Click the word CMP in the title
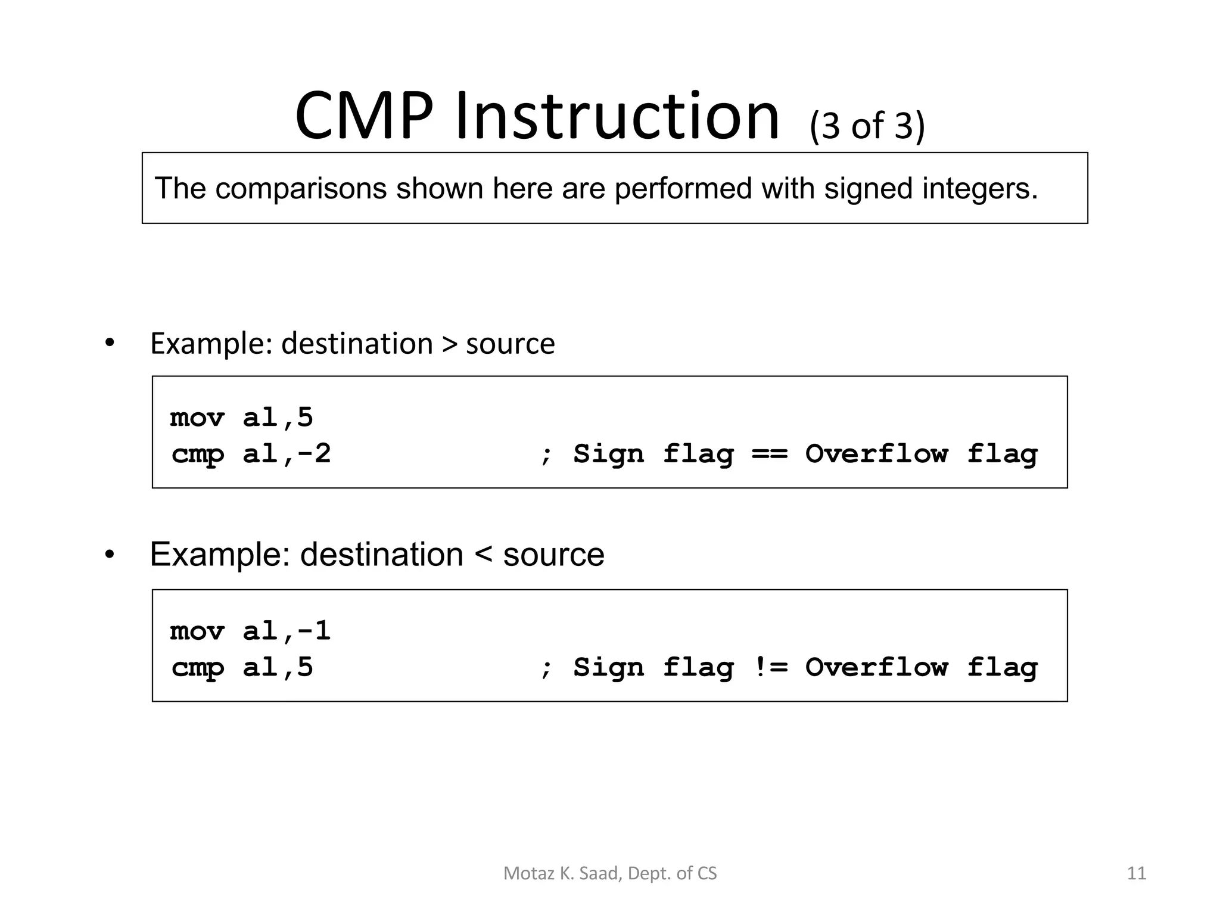coord(363,116)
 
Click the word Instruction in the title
coord(617,116)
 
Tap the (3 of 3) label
coord(867,126)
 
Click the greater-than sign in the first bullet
coord(449,344)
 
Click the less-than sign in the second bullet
coord(483,555)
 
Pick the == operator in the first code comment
coord(770,455)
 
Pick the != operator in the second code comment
coord(770,668)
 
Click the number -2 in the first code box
coord(313,455)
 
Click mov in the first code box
coord(197,418)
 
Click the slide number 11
coord(1137,873)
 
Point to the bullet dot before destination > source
coord(109,343)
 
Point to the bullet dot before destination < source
coord(109,555)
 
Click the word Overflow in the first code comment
coord(876,455)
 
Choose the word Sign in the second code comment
coord(608,668)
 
